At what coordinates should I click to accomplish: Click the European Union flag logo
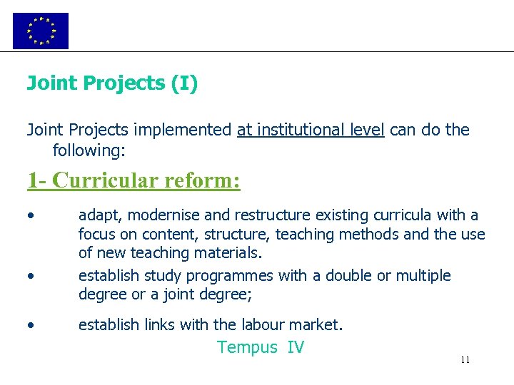(41, 31)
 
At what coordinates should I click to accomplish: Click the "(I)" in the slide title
(184, 83)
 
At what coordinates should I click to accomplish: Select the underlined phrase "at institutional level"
(311, 130)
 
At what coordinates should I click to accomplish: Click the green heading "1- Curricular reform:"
(133, 180)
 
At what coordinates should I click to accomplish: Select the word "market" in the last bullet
(315, 325)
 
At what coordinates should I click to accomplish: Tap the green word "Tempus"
(247, 348)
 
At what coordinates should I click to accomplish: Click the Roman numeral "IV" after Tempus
(296, 348)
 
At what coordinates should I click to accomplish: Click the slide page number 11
(465, 360)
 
